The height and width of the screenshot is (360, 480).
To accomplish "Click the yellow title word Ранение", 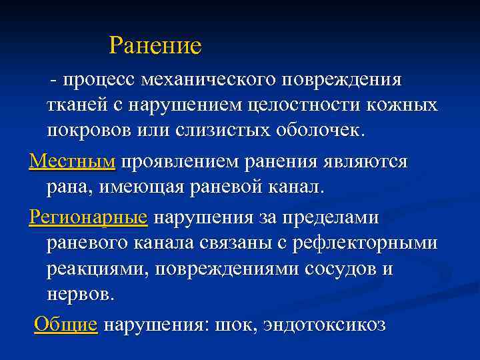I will pyautogui.click(x=155, y=46).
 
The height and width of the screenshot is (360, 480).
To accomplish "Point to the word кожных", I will pyautogui.click(x=407, y=105).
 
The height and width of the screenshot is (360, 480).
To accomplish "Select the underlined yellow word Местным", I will pyautogui.click(x=73, y=161).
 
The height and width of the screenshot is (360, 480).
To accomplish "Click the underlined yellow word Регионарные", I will pyautogui.click(x=89, y=217).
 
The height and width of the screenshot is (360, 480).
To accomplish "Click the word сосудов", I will pyautogui.click(x=333, y=269).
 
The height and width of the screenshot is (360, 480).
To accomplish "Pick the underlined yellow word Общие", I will pyautogui.click(x=65, y=325).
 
